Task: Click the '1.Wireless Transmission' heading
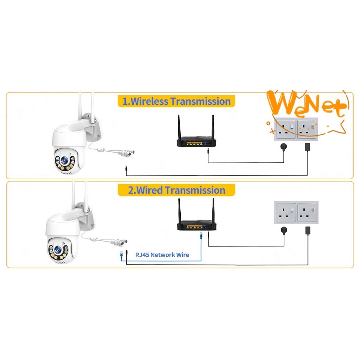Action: pos(176,101)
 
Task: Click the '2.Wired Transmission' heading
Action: pos(176,190)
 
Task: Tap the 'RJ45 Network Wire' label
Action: pos(162,255)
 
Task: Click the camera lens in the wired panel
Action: pos(58,249)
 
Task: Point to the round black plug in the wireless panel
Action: pos(284,146)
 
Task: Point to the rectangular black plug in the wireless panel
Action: pos(307,147)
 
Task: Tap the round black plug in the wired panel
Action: pos(284,230)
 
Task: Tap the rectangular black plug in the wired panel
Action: pos(308,231)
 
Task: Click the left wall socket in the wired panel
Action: pos(285,213)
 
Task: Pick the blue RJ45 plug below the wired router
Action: pos(201,236)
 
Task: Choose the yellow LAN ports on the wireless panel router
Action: pos(194,144)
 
